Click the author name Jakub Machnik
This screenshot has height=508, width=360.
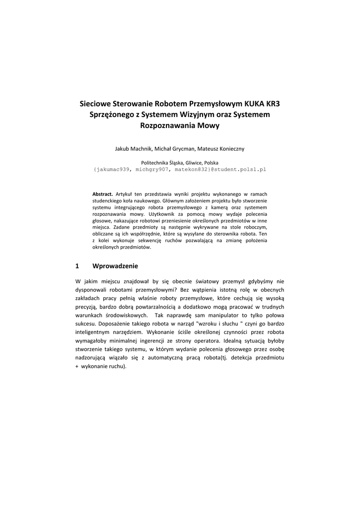coord(133,148)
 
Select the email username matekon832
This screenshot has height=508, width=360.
coord(191,169)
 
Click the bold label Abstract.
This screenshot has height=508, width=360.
coord(103,193)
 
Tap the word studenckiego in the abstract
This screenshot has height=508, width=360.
coord(108,200)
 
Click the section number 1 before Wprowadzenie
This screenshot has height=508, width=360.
coord(77,265)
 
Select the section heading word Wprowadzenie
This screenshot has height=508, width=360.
coord(115,265)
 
